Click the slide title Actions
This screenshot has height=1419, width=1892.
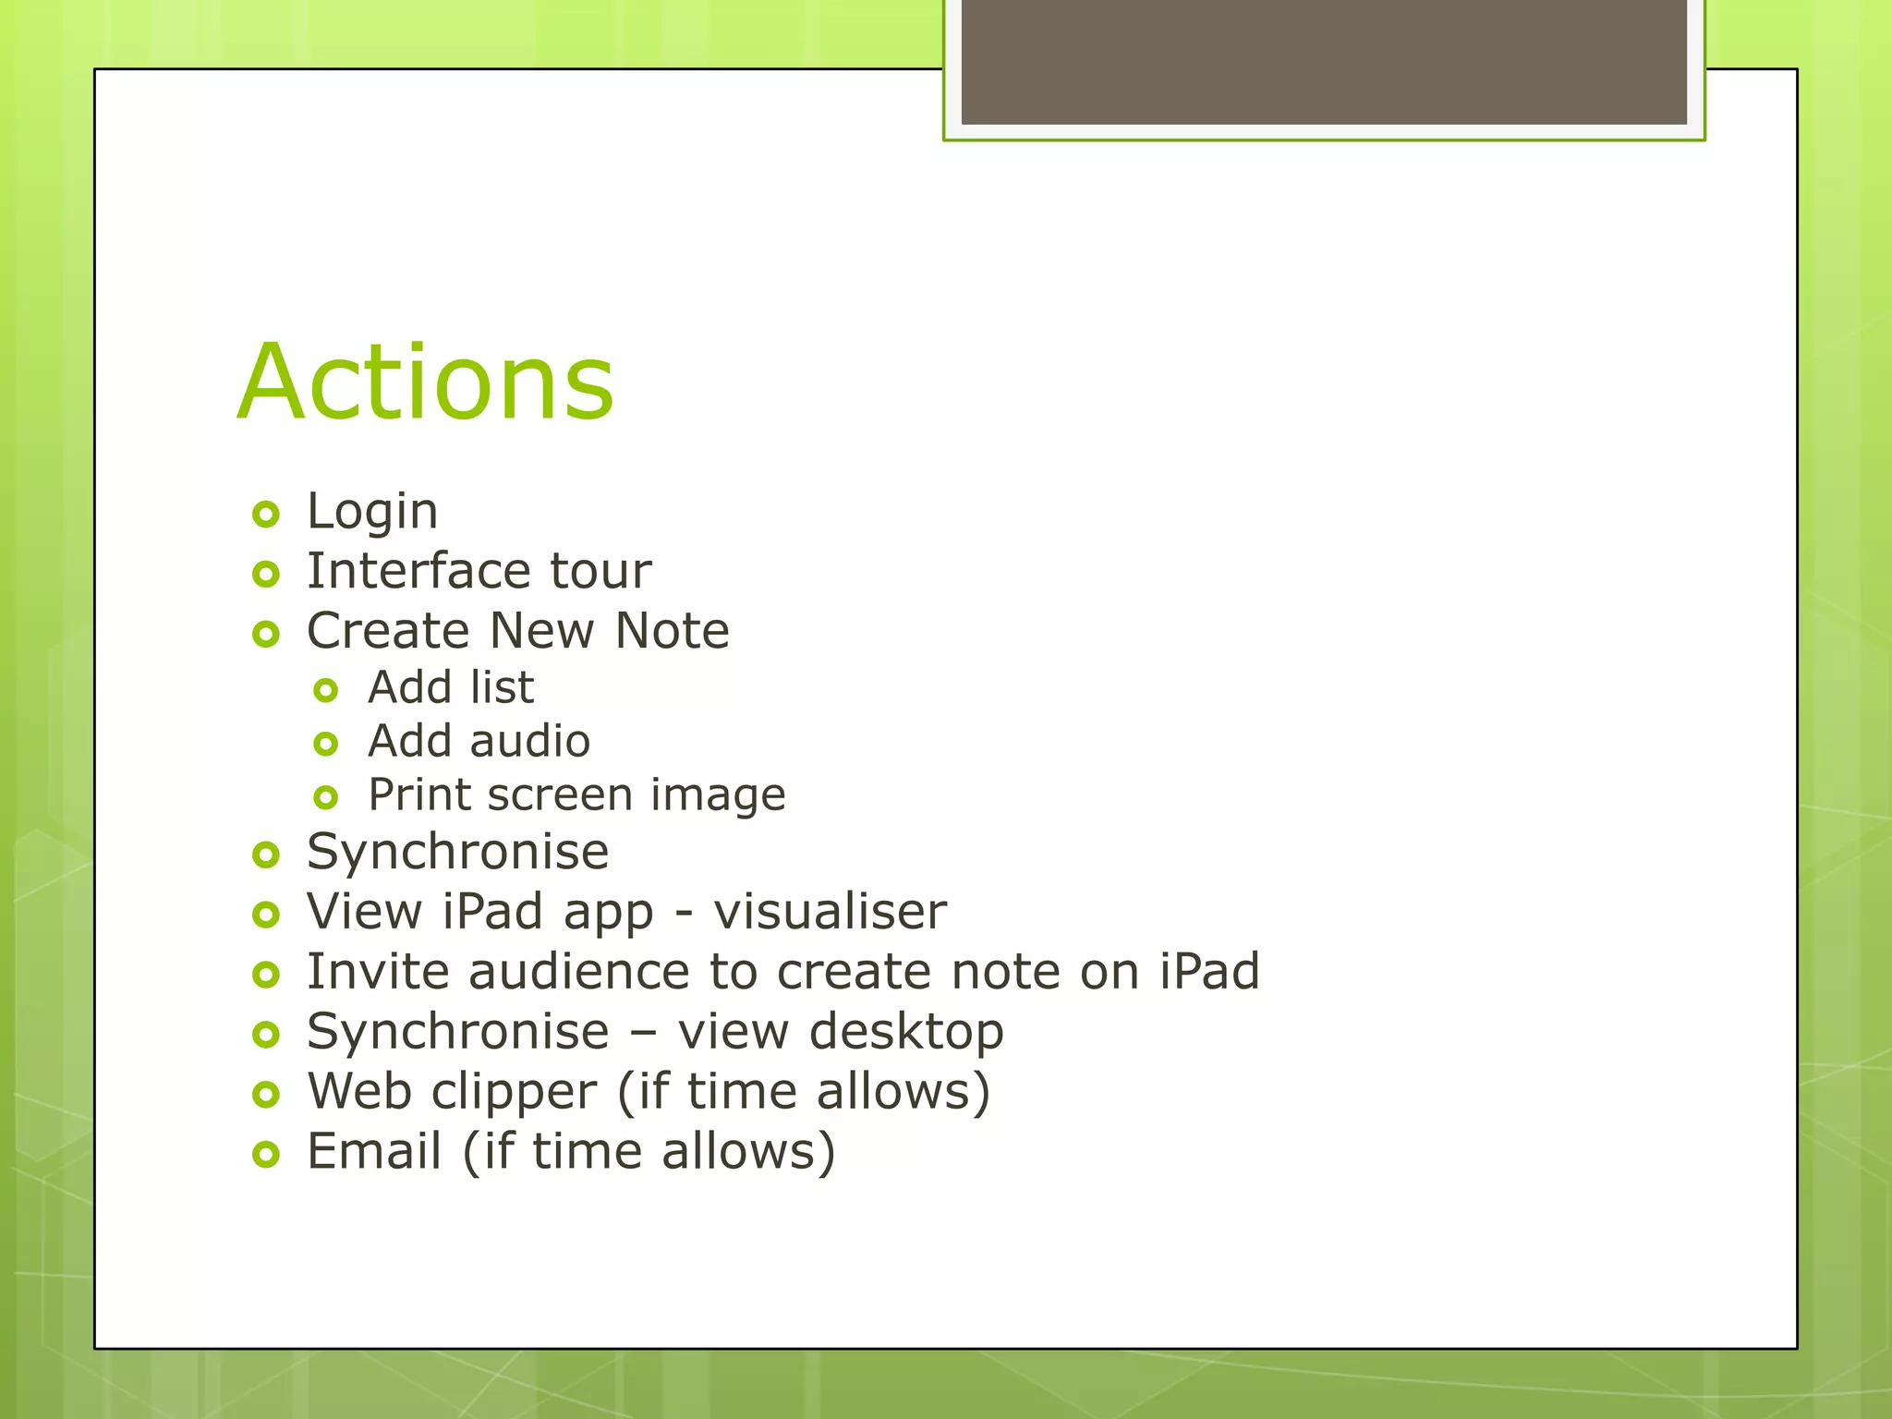pos(425,382)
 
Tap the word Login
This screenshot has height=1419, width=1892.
pos(372,511)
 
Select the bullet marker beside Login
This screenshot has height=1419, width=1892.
pos(266,515)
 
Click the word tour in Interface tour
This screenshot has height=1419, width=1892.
pos(600,570)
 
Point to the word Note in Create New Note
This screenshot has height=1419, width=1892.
pos(672,630)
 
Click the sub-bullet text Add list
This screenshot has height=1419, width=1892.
pos(451,687)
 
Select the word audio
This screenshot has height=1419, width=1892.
pos(530,741)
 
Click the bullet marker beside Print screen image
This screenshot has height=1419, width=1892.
pos(326,797)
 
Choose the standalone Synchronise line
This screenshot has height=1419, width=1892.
pos(457,851)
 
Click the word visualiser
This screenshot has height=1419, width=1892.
pos(830,911)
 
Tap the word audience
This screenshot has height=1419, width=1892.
pos(578,971)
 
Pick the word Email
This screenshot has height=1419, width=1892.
pos(374,1151)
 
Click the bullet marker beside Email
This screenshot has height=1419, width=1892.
pos(266,1155)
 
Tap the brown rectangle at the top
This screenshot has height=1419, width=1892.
pos(1323,61)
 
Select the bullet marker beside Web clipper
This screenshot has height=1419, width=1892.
pos(266,1095)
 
